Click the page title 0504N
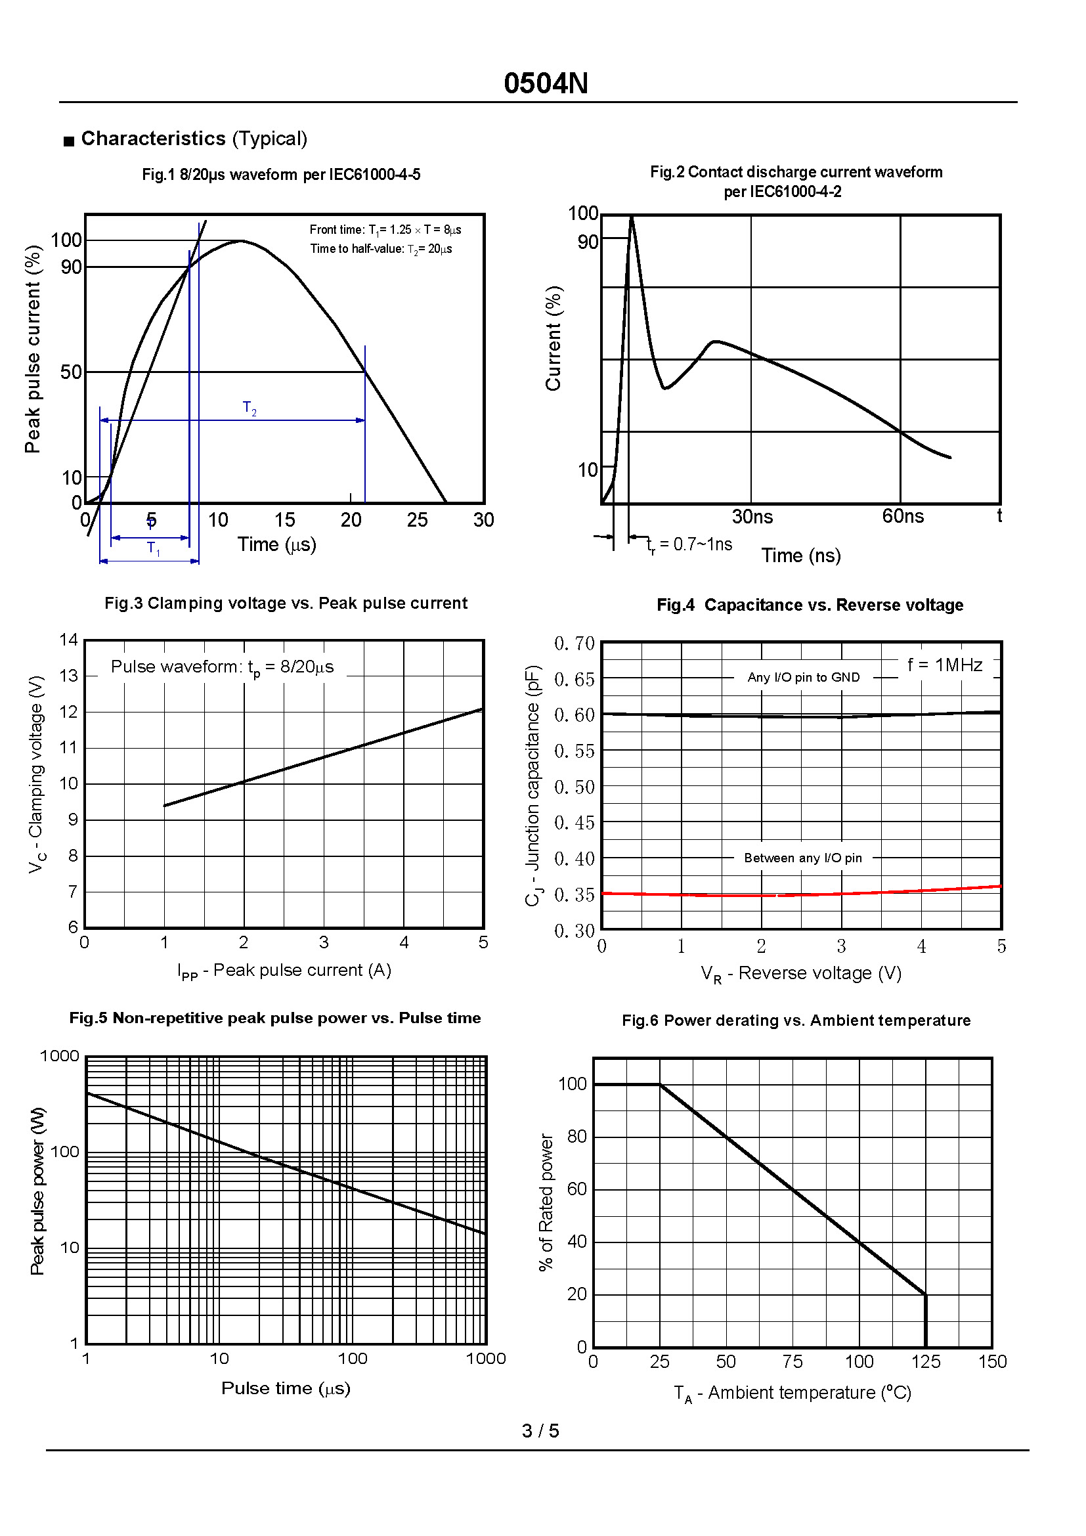pyautogui.click(x=546, y=83)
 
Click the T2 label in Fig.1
pyautogui.click(x=250, y=408)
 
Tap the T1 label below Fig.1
pyautogui.click(x=153, y=548)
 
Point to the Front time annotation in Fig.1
pyautogui.click(x=385, y=229)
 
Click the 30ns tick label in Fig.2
pyautogui.click(x=752, y=516)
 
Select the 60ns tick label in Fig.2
pyautogui.click(x=902, y=516)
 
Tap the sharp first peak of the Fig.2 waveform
pyautogui.click(x=631, y=217)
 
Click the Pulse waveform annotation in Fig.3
pyautogui.click(x=222, y=667)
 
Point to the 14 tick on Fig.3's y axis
pyautogui.click(x=69, y=640)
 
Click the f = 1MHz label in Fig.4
pyautogui.click(x=944, y=665)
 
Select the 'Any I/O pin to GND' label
pyautogui.click(x=803, y=677)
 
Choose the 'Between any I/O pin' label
pyautogui.click(x=802, y=858)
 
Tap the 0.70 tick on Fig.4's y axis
pyautogui.click(x=574, y=644)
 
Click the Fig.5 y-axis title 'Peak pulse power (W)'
pyautogui.click(x=37, y=1191)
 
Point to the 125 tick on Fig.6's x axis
pyautogui.click(x=925, y=1362)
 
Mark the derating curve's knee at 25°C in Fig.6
pyautogui.click(x=660, y=1084)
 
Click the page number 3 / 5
pyautogui.click(x=540, y=1431)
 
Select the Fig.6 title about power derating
pyautogui.click(x=796, y=1020)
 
